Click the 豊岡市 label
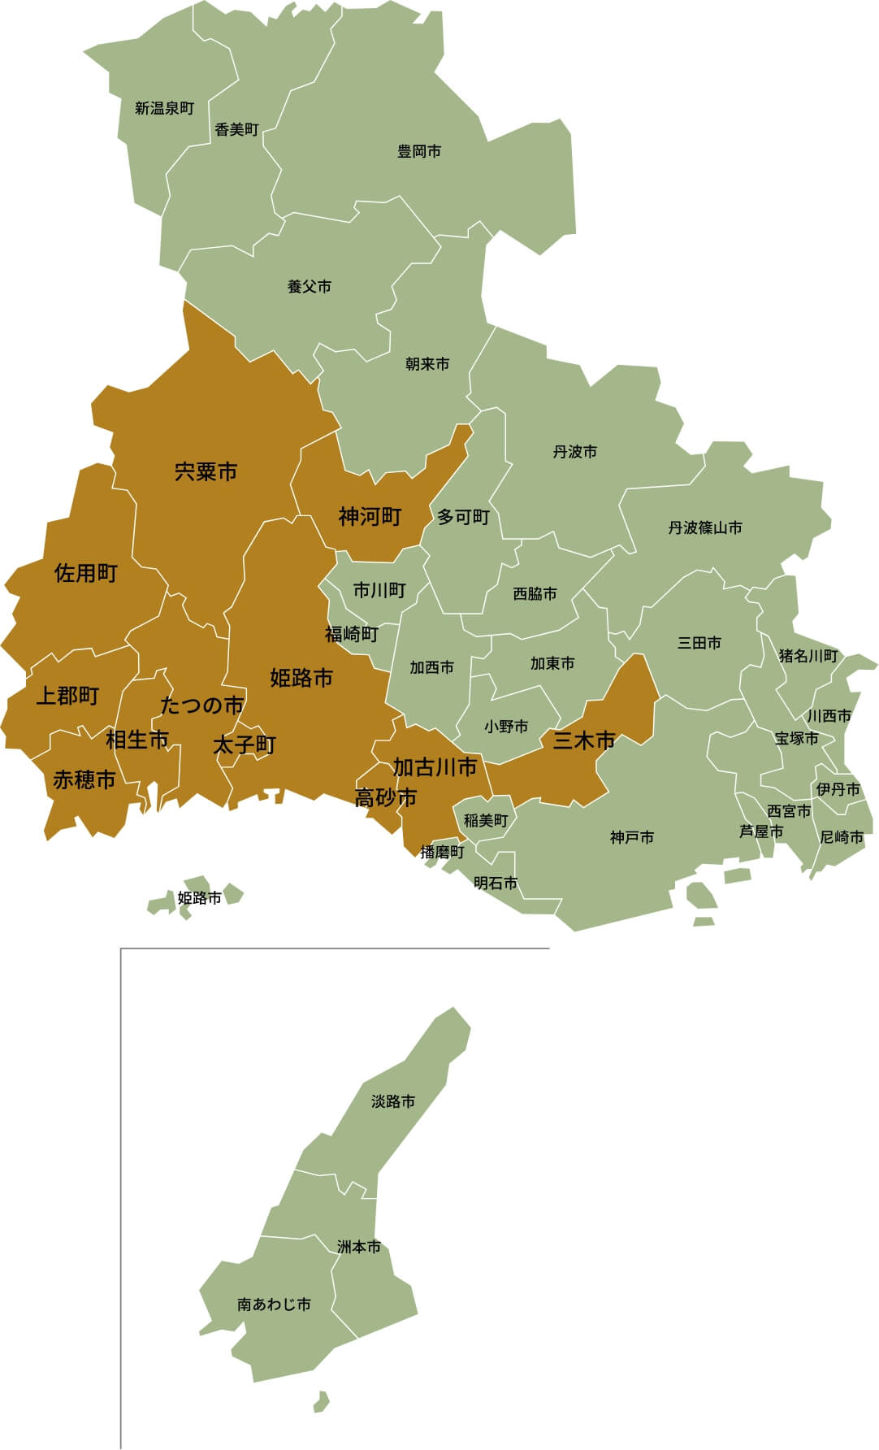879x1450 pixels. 419,151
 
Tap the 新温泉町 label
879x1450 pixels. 165,108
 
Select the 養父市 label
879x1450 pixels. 310,287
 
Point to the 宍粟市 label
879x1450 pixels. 206,471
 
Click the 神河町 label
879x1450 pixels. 370,516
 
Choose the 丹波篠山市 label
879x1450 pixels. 705,528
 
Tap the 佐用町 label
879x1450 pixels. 86,574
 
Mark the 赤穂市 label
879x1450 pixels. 84,780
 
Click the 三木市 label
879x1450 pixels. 584,741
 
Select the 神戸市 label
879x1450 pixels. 632,837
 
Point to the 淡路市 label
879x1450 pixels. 393,1101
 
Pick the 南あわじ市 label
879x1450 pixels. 274,1305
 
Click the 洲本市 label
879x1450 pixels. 359,1247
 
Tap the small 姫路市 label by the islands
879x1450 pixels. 199,898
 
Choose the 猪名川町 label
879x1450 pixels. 808,656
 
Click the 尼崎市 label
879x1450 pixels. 842,837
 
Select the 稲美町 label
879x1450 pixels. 486,821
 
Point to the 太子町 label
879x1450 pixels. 245,745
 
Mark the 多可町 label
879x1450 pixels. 463,518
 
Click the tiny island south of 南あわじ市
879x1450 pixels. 322,1400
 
